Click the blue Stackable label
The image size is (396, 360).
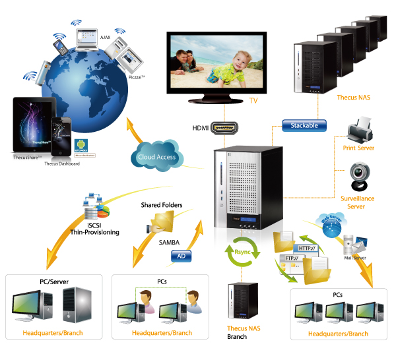coord(304,125)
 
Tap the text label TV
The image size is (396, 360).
coord(253,101)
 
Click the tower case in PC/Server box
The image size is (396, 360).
coord(77,305)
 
